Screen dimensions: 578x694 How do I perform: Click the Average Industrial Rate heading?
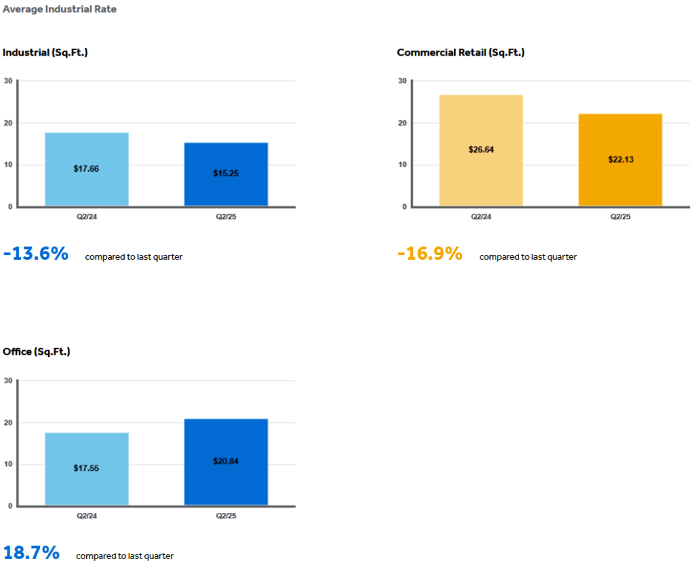tap(60, 9)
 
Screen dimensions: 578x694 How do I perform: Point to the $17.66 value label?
tap(86, 169)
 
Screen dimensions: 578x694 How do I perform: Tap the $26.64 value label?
tap(481, 149)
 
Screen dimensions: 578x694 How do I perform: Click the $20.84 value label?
tap(226, 461)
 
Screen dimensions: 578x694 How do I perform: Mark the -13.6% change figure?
tap(36, 254)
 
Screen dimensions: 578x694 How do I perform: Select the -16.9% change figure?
tap(430, 254)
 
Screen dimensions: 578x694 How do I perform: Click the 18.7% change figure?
tap(31, 553)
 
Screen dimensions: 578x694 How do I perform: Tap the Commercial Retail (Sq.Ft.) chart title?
tap(461, 52)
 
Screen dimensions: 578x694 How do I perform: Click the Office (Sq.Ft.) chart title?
tap(37, 351)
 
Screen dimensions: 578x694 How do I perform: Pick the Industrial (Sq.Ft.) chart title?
tap(45, 52)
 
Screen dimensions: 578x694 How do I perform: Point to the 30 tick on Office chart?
tap(8, 381)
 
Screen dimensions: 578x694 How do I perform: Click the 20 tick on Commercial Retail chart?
tap(403, 123)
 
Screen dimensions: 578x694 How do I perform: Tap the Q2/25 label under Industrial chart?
tap(226, 216)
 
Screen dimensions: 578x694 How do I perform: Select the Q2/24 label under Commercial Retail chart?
tap(481, 216)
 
